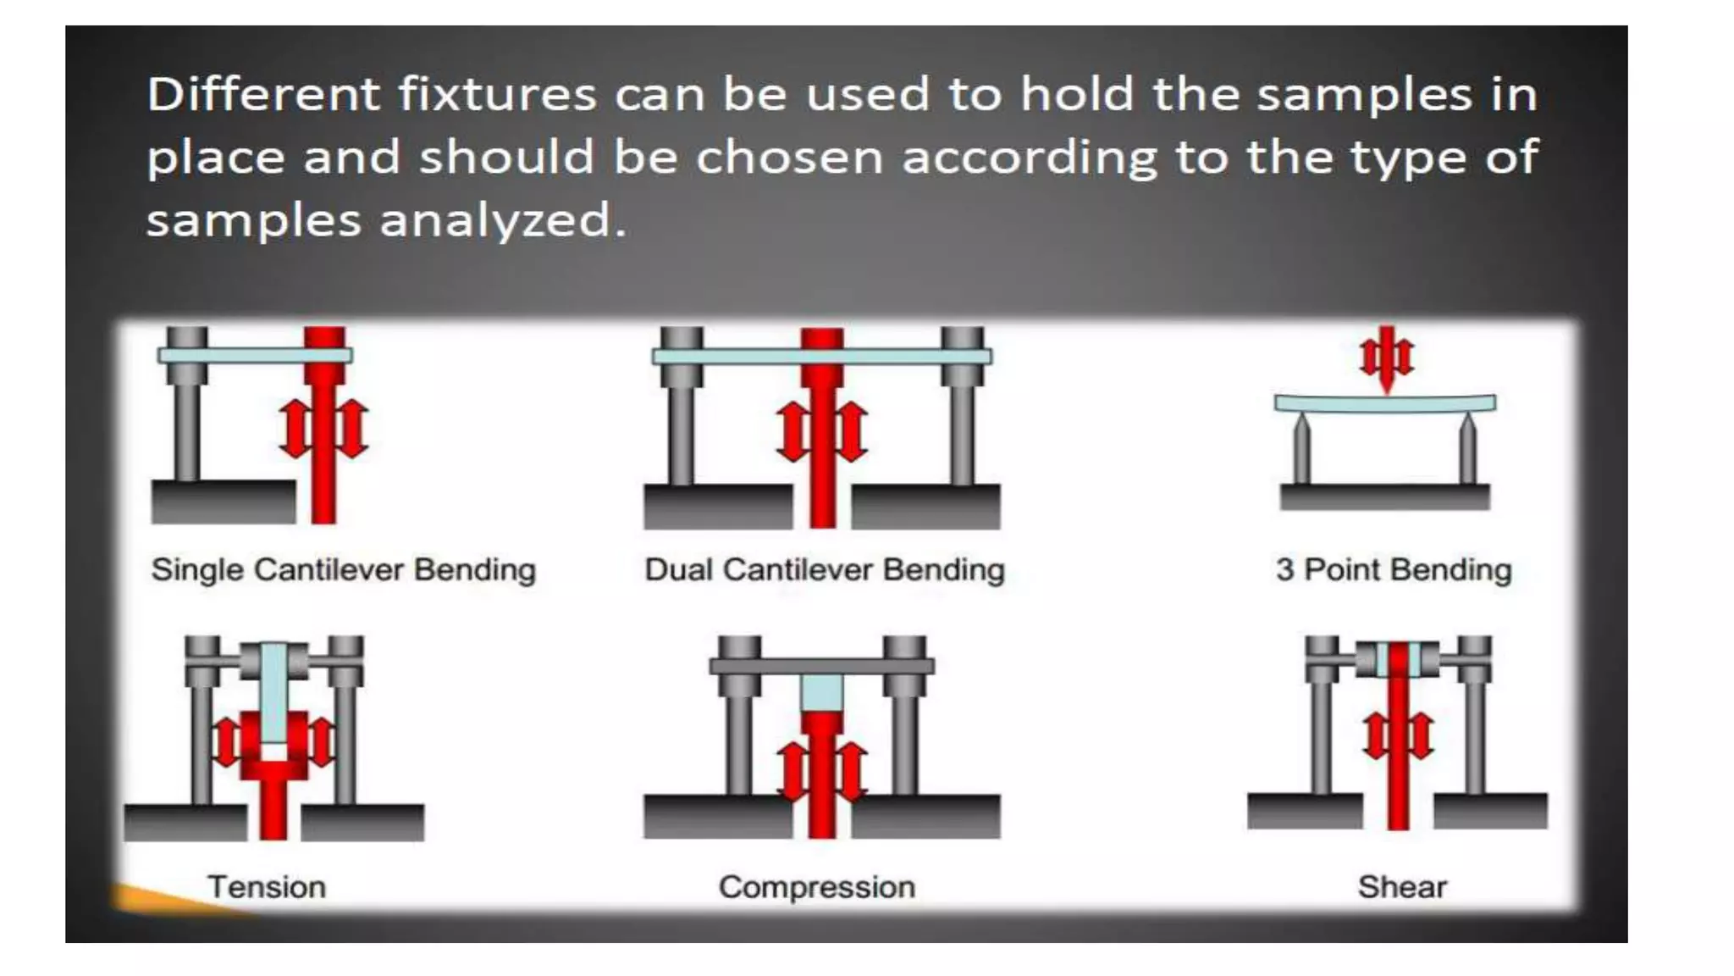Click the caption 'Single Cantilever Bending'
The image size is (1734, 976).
tap(343, 569)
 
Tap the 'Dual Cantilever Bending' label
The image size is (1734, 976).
tap(824, 569)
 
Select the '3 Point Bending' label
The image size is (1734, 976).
tap(1394, 569)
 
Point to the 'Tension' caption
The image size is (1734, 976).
tap(267, 887)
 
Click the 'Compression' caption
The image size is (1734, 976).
tap(817, 887)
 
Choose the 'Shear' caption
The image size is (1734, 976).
tap(1402, 887)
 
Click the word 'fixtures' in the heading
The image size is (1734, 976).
tap(498, 93)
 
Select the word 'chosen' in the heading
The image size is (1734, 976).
tap(790, 158)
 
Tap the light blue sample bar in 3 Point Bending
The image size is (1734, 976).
tap(1385, 403)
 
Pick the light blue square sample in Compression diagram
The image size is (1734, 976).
tap(821, 692)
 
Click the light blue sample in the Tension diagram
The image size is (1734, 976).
tap(273, 695)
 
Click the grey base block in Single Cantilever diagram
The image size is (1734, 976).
tap(224, 502)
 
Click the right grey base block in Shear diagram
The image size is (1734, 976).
tap(1490, 810)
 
